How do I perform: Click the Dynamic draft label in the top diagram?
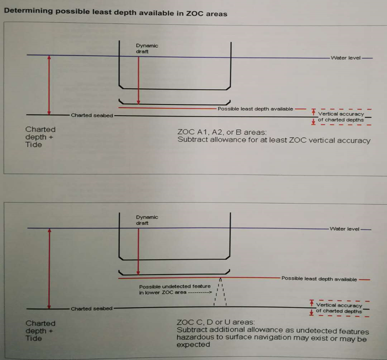pos(147,48)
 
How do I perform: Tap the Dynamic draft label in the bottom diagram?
pos(147,220)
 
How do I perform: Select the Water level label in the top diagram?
pos(345,58)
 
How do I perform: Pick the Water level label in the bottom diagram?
pos(344,229)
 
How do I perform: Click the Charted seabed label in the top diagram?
pos(92,116)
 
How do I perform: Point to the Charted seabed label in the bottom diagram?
pos(91,309)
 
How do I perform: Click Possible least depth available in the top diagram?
pos(255,109)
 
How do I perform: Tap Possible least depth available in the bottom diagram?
pos(319,279)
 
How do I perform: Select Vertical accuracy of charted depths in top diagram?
pos(341,117)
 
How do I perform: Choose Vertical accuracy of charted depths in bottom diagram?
pos(339,308)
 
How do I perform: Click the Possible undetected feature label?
pos(174,289)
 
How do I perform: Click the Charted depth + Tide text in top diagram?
pos(40,137)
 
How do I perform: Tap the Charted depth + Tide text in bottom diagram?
pos(40,331)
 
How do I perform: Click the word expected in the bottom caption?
pos(193,345)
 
